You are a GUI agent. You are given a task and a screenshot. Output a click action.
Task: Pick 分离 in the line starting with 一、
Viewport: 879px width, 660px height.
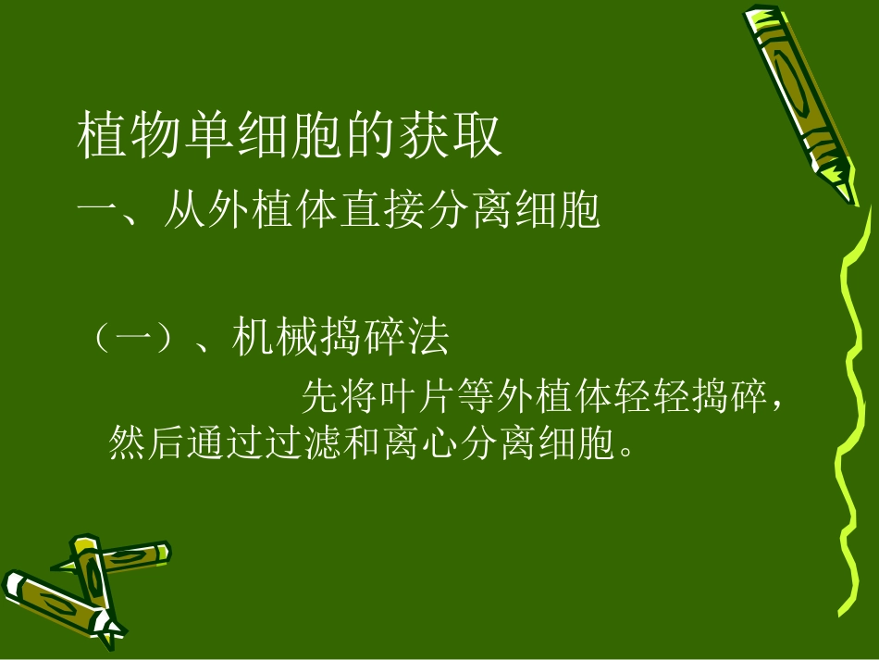tap(489, 210)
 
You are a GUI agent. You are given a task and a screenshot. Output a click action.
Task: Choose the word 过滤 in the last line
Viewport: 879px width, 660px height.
tap(304, 443)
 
